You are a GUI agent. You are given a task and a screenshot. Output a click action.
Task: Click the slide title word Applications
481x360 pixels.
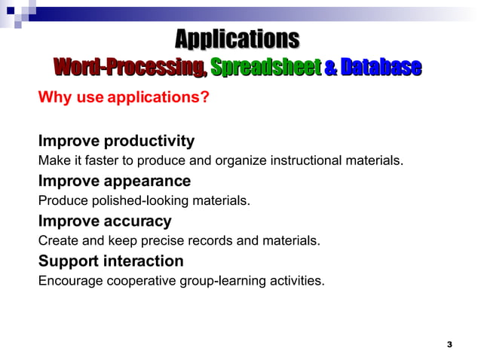pos(237,38)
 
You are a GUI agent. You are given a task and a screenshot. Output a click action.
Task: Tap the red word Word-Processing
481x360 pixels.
pos(129,68)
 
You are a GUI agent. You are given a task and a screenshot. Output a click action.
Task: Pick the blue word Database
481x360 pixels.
pos(380,68)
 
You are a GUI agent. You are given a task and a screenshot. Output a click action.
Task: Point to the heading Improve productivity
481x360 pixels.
pos(116,141)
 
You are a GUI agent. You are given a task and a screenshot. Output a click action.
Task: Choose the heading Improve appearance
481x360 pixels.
pos(114,182)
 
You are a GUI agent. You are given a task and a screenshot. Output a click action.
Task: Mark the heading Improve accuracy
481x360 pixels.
pos(105,221)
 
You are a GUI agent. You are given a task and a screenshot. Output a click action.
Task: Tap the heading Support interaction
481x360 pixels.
pos(111,261)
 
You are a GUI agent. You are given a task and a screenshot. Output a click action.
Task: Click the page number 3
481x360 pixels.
pos(449,344)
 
